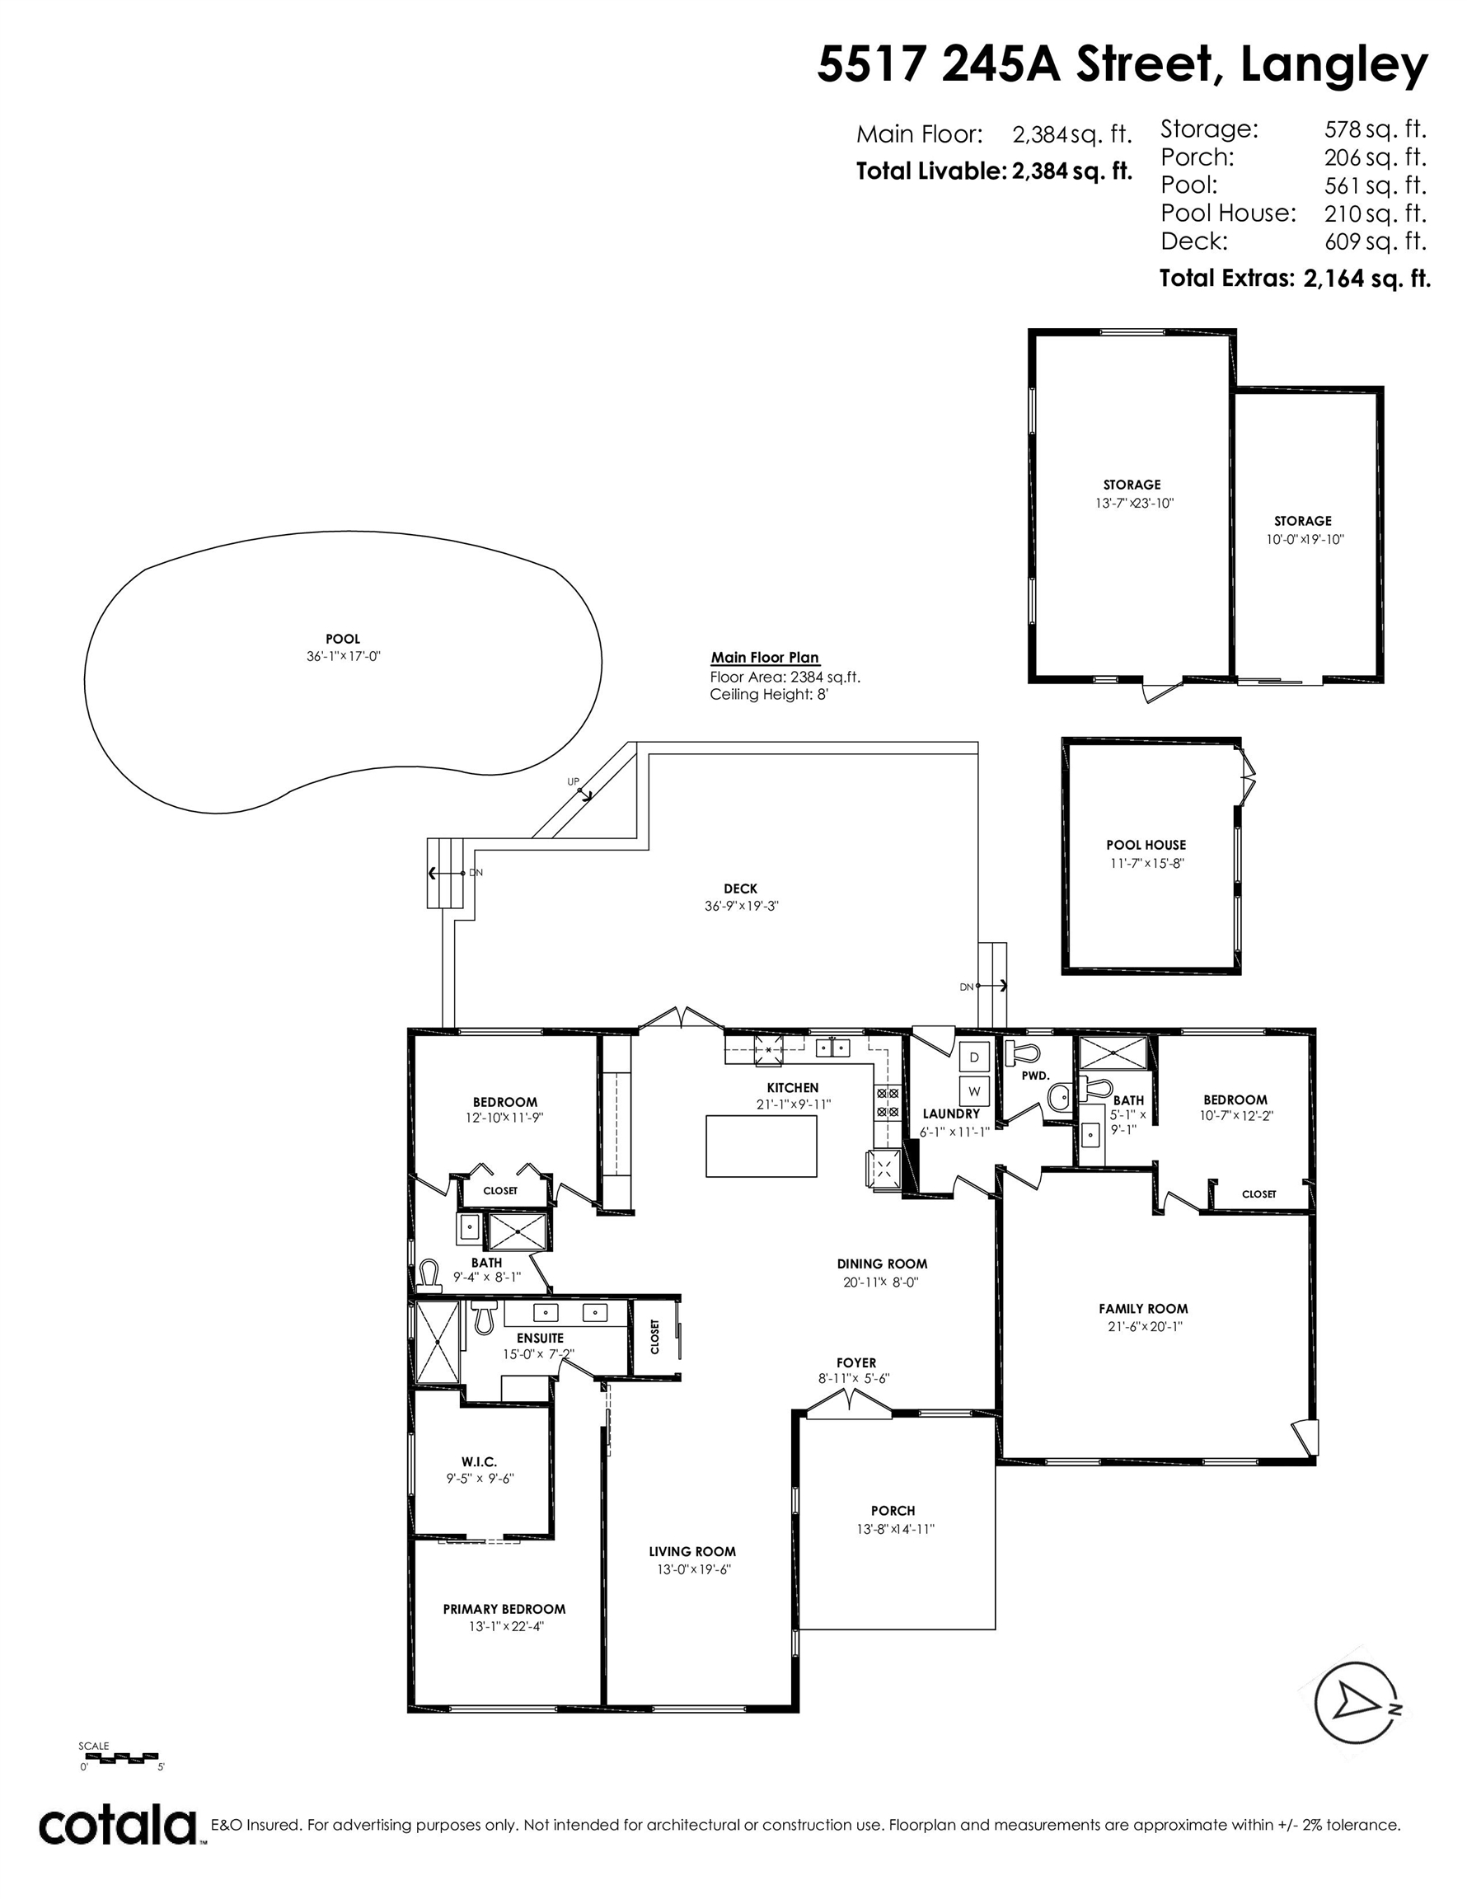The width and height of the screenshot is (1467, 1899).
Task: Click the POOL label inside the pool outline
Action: tap(343, 639)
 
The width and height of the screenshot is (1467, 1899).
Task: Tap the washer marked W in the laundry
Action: tap(974, 1090)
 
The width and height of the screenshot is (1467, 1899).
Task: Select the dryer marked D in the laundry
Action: tap(974, 1057)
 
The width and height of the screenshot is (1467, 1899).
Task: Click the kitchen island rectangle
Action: tap(761, 1146)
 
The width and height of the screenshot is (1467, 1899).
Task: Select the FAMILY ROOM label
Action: tap(1142, 1309)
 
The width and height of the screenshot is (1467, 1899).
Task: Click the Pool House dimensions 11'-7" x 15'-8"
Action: tap(1146, 864)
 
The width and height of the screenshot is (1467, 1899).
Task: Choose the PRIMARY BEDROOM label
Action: tap(504, 1610)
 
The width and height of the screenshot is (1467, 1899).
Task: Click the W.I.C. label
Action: tap(479, 1462)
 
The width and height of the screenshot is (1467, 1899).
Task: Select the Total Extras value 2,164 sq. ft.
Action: tap(1367, 279)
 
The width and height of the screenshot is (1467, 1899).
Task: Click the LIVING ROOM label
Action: tap(692, 1551)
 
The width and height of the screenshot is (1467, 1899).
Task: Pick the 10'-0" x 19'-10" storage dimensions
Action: tap(1305, 539)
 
